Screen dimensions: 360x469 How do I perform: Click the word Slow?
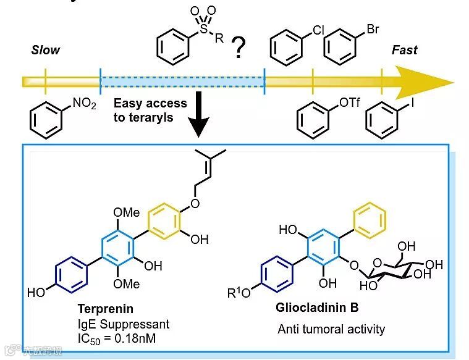tap(45, 49)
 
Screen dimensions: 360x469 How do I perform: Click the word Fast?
tap(404, 49)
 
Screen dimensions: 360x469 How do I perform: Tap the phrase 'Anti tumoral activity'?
tap(331, 329)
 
